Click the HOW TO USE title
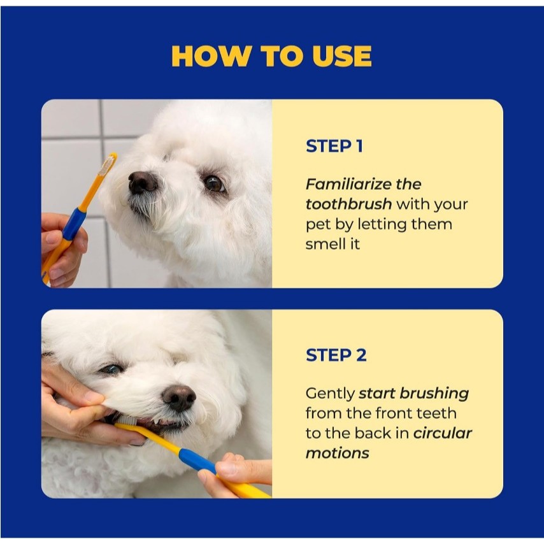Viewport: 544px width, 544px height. coord(271,56)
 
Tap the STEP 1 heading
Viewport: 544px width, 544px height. coord(334,146)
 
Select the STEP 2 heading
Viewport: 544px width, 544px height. coord(336,355)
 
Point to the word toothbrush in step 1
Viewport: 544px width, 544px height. coord(348,204)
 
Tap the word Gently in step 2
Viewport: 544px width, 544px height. coord(330,394)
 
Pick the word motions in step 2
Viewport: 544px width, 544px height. coord(337,453)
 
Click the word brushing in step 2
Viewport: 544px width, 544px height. coord(434,394)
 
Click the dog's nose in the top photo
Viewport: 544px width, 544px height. coord(141,182)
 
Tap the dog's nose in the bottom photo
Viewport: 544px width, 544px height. coord(178,398)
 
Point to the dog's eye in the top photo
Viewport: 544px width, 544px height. coord(213,183)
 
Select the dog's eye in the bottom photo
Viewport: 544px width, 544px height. coord(111,369)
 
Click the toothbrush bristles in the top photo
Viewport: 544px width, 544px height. coord(107,165)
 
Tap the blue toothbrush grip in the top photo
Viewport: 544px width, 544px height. coord(75,224)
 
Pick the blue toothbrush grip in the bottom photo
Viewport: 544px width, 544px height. coord(197,460)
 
